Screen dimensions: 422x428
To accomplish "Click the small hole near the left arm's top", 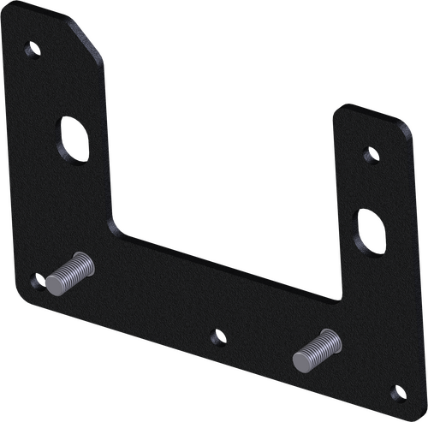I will tap(33, 51).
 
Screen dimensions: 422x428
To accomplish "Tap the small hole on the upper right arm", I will tap(370, 156).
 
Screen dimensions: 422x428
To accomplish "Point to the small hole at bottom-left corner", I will tap(35, 279).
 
